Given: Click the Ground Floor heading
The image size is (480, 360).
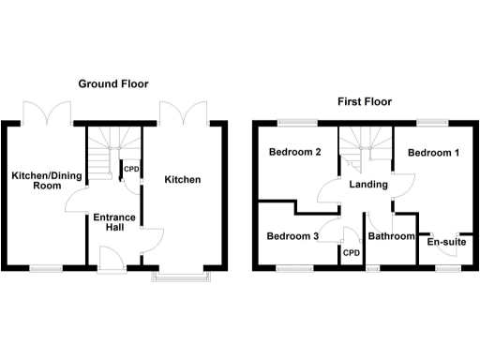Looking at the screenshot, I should [x=112, y=83].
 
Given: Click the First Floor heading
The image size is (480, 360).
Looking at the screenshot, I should [x=365, y=101].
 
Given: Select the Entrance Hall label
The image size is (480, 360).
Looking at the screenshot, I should [x=113, y=224].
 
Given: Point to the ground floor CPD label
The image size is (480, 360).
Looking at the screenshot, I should [x=132, y=170].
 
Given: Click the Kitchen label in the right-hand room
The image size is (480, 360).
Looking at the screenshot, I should [x=183, y=179].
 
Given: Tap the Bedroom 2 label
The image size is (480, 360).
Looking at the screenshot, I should [x=295, y=153].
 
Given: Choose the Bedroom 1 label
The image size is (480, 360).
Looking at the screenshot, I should [x=432, y=153].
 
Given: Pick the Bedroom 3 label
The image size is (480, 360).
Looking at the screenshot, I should [x=292, y=236].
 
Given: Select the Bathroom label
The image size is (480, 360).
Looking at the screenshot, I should [x=392, y=236].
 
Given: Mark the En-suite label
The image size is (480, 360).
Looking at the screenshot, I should [x=446, y=242].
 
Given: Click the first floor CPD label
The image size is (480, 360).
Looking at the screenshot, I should [x=352, y=252].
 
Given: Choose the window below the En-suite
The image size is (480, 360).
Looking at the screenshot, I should [x=447, y=269].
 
